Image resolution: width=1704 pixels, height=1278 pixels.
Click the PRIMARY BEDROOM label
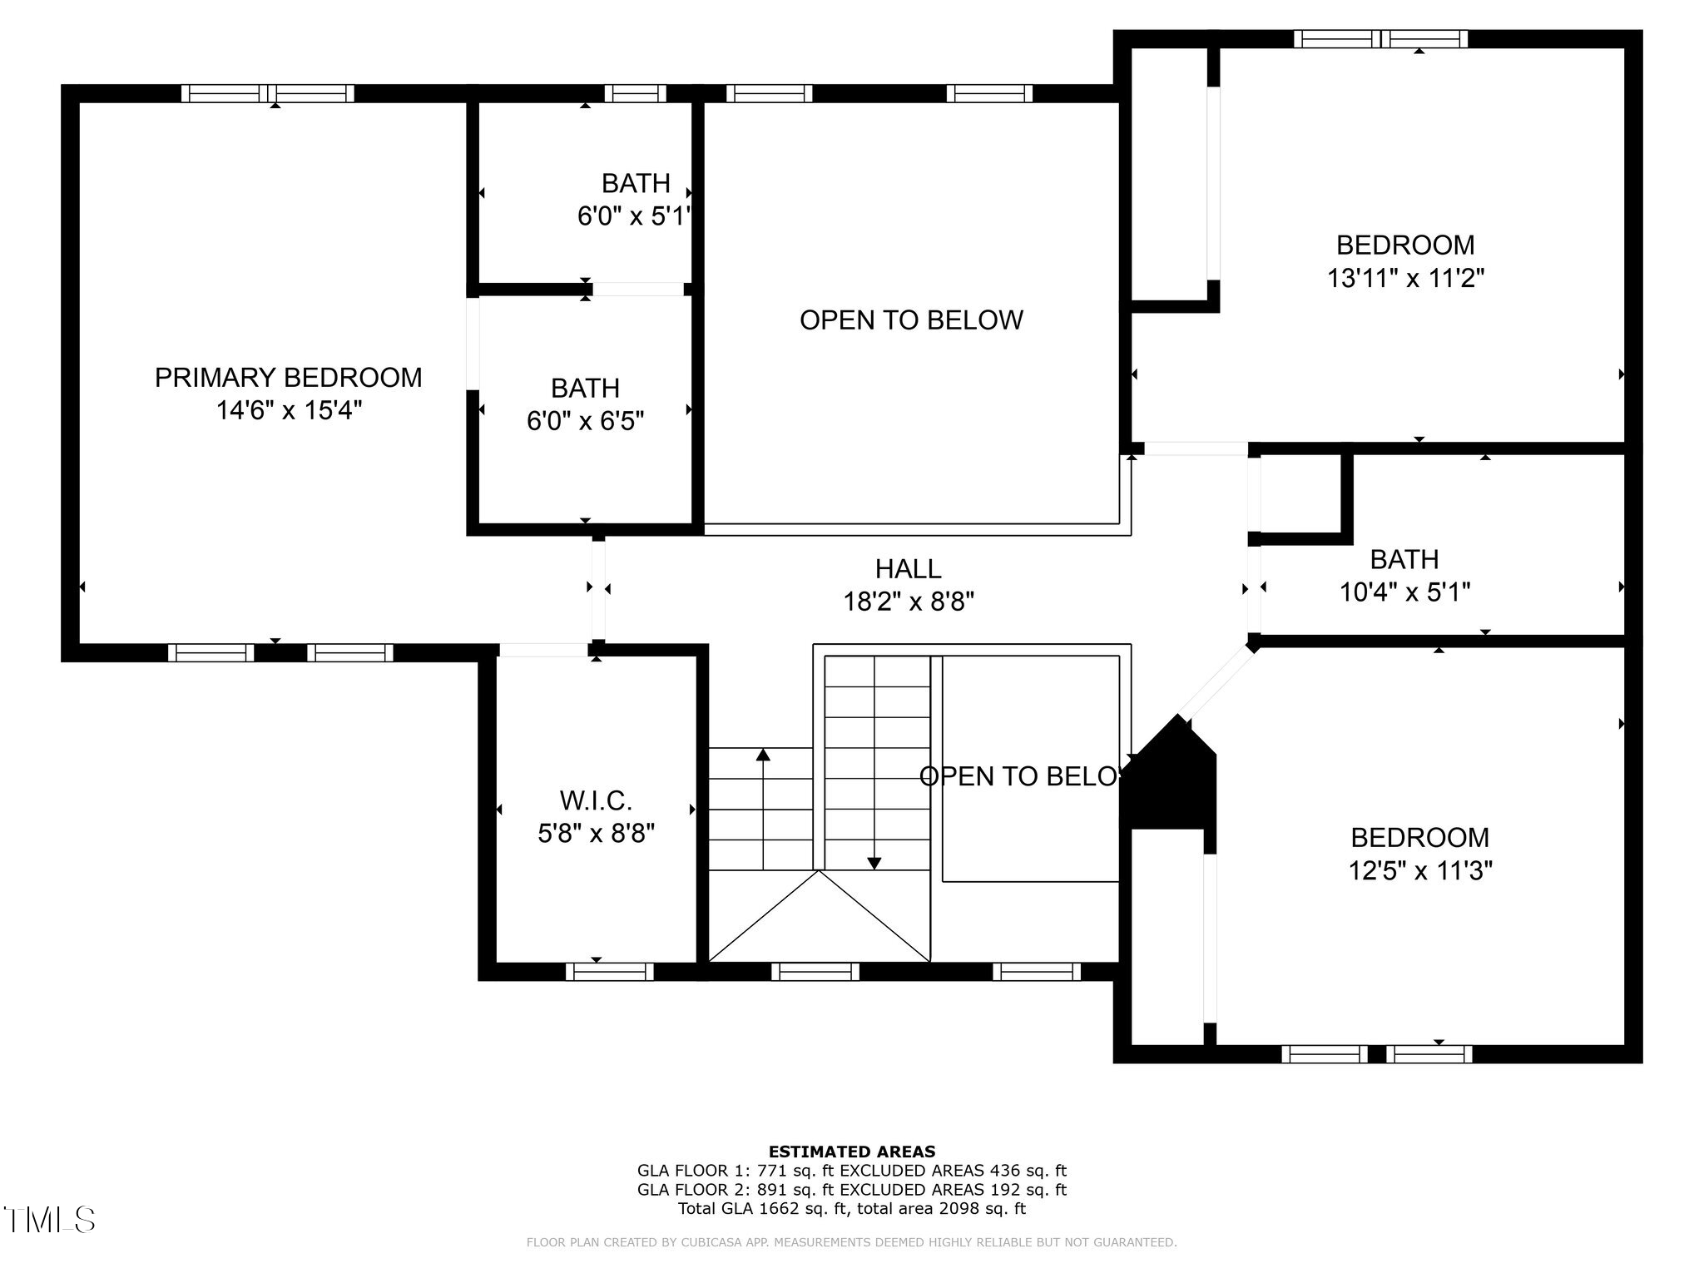pos(288,378)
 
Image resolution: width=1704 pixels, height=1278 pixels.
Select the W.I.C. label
pos(596,800)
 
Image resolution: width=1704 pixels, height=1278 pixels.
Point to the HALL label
pos(908,569)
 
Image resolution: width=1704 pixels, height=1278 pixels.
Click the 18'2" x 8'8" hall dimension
pos(908,602)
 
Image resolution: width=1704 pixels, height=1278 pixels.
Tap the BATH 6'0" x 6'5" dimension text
pos(585,421)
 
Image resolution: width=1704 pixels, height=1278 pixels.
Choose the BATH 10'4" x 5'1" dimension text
pos(1404,592)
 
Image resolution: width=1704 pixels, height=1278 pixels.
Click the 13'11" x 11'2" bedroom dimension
pos(1405,278)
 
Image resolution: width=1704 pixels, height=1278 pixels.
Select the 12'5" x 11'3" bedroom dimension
pos(1419,871)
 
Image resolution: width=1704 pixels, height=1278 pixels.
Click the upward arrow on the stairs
pos(763,755)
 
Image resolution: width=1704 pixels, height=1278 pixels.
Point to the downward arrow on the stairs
pos(874,863)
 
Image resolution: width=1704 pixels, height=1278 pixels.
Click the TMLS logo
pos(50,1220)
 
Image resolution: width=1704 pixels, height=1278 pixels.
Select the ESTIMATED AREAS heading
pos(851,1152)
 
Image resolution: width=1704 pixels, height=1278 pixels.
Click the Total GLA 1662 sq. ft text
pos(851,1209)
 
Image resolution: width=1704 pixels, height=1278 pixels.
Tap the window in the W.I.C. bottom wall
pos(609,972)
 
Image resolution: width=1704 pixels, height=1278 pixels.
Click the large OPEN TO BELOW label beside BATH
pos(911,320)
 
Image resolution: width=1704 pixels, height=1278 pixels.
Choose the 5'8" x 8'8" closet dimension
pos(596,834)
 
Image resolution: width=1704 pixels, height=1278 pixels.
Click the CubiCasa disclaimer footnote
pos(851,1243)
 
